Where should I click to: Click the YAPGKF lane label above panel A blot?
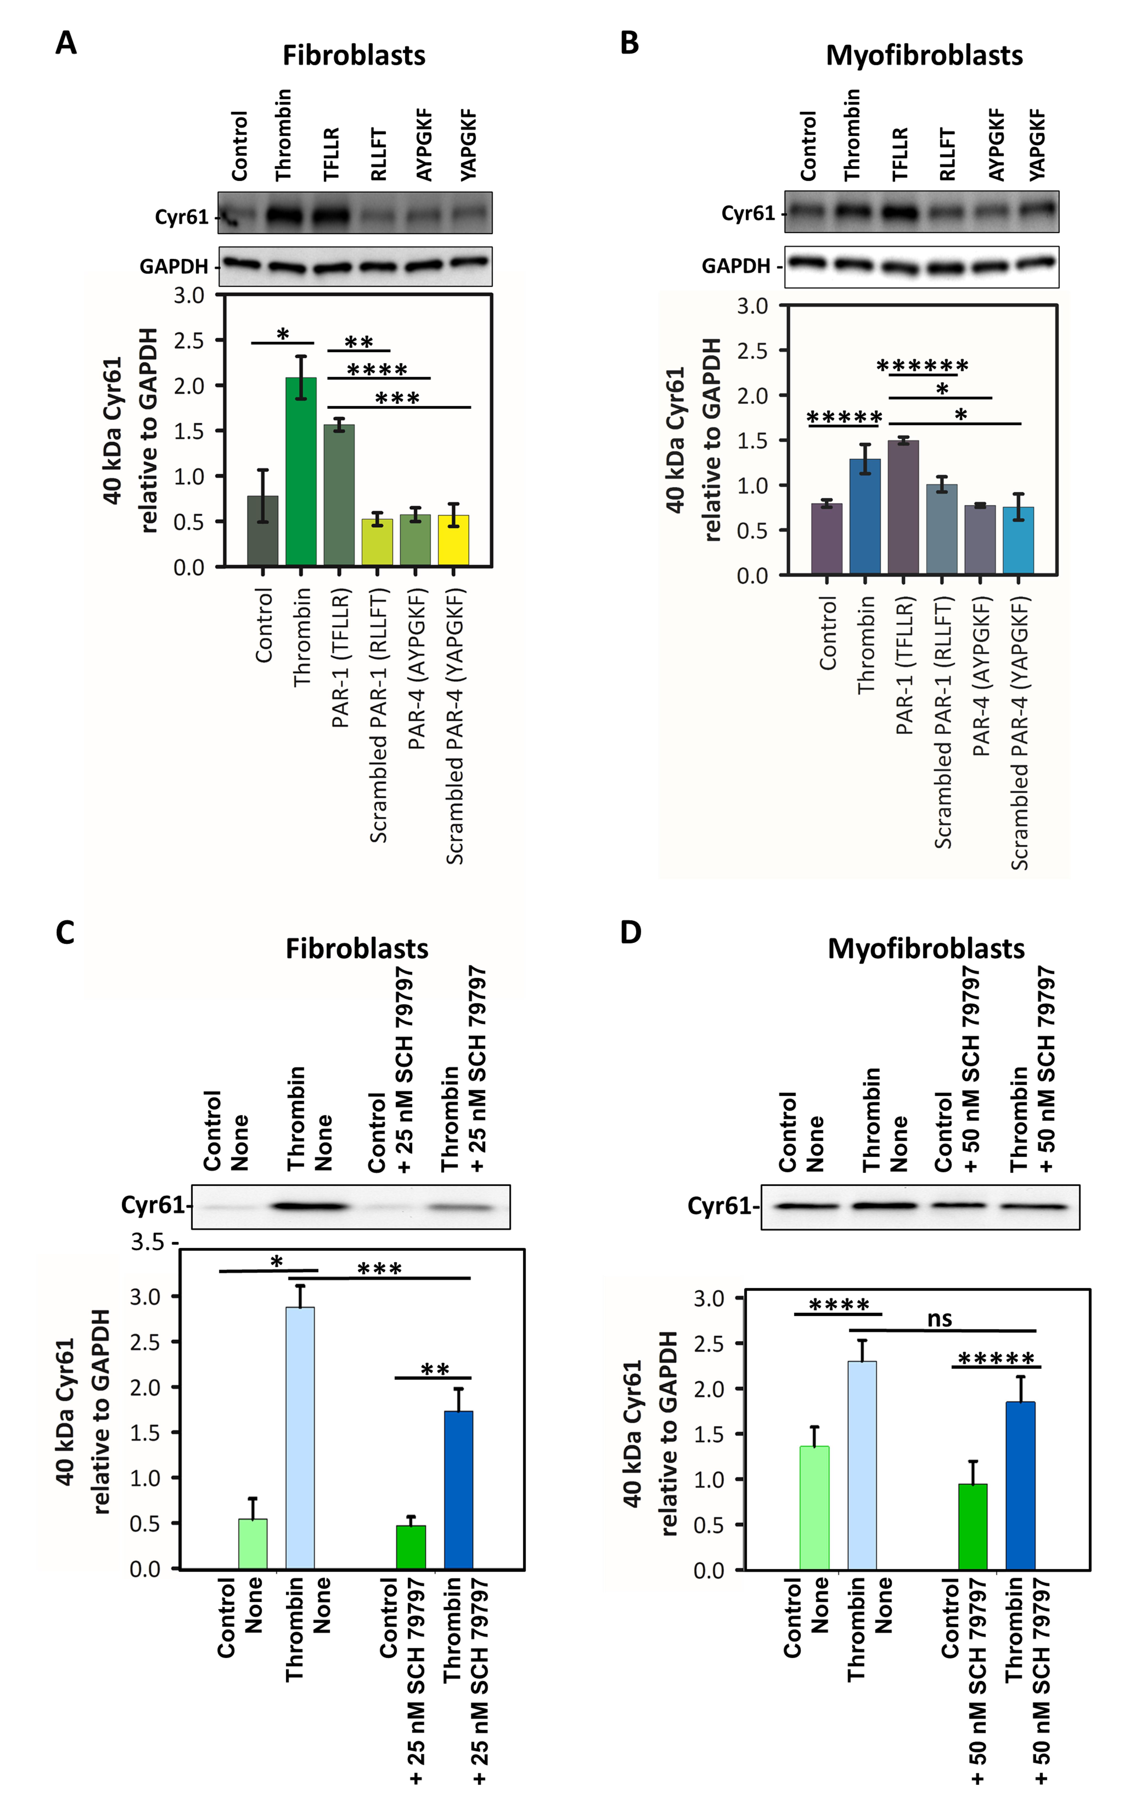pyautogui.click(x=468, y=144)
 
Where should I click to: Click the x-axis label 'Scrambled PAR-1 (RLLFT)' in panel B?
pyautogui.click(x=942, y=722)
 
